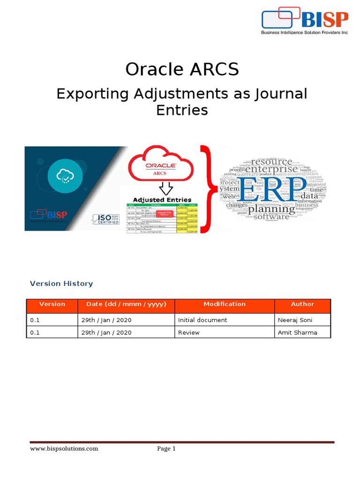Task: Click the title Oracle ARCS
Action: tap(182, 69)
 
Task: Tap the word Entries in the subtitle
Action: tap(182, 110)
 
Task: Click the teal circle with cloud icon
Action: tap(63, 176)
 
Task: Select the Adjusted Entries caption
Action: tap(162, 200)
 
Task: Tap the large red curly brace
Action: tap(206, 188)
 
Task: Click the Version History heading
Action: tap(61, 284)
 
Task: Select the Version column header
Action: tap(52, 304)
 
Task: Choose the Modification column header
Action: tap(224, 304)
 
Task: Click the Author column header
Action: tap(302, 304)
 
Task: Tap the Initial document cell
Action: tap(202, 320)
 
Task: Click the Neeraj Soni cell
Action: tap(295, 320)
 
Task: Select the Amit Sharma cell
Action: tap(297, 332)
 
